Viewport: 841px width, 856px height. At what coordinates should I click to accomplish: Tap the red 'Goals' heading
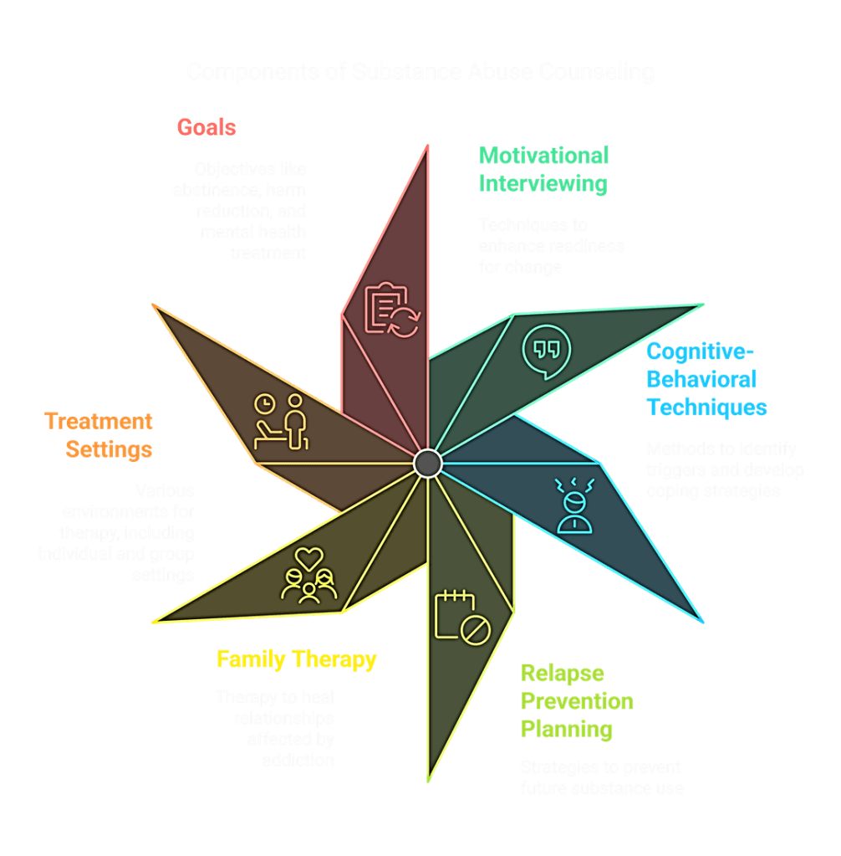click(x=206, y=127)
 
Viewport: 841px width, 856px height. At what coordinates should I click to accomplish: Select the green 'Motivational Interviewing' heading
click(x=543, y=169)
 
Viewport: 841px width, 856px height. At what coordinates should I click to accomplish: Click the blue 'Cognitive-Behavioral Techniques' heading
click(x=706, y=380)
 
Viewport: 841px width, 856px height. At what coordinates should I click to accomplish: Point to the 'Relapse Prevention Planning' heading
click(x=577, y=701)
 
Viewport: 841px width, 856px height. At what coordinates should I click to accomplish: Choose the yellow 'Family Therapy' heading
click(x=297, y=659)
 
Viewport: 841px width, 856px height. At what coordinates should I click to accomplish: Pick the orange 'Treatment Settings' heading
click(x=99, y=435)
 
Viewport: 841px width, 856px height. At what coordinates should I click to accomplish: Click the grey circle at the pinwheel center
click(x=427, y=462)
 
